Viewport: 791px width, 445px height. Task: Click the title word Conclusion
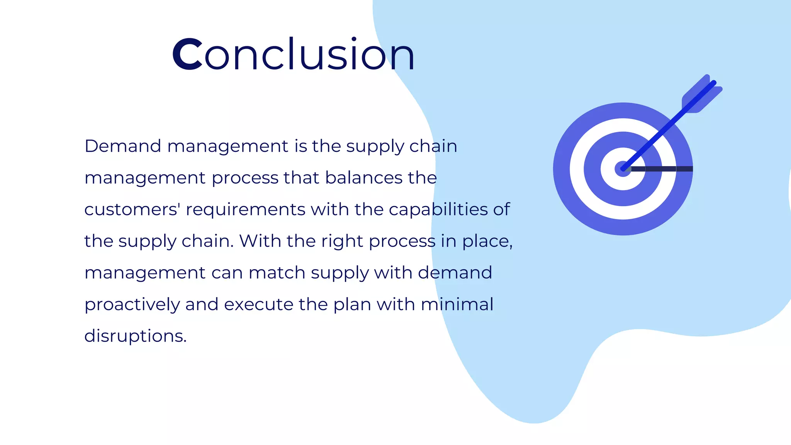(294, 54)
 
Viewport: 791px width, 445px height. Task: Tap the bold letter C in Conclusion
(187, 54)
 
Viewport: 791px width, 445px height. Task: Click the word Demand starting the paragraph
(123, 146)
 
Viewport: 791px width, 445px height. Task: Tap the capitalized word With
(260, 241)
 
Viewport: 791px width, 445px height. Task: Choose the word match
(277, 273)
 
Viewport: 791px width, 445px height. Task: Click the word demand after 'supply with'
(455, 273)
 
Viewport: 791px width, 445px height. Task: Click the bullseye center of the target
(623, 169)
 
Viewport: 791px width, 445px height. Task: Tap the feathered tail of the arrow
(701, 95)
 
